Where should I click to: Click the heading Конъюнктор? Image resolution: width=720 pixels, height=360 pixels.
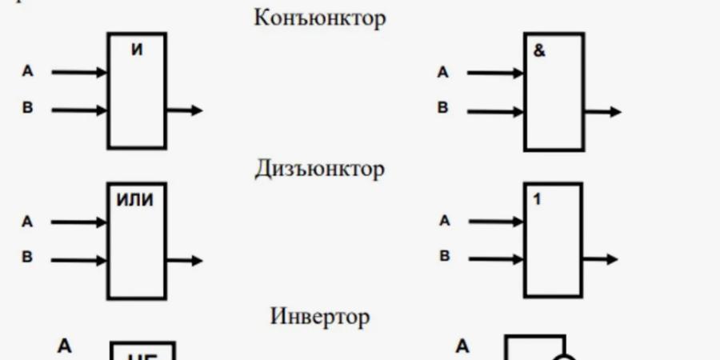click(x=319, y=18)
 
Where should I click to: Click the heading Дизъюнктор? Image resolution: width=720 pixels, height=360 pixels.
click(x=320, y=169)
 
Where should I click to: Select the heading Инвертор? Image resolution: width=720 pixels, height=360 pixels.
click(x=320, y=316)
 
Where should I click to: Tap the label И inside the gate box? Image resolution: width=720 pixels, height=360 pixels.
click(x=137, y=50)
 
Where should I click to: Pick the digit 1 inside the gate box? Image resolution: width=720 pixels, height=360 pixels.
click(x=537, y=199)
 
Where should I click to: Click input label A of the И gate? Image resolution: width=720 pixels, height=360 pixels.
click(x=27, y=72)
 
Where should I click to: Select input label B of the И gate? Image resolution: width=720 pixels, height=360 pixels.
click(x=27, y=109)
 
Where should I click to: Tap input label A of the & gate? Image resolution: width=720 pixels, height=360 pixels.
click(x=443, y=73)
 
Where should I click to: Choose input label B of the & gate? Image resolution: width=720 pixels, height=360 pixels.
click(x=443, y=109)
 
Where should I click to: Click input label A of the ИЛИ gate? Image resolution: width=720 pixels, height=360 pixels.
click(x=27, y=222)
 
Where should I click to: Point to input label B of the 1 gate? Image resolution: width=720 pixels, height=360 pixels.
click(x=444, y=258)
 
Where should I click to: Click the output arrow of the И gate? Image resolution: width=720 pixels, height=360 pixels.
click(x=185, y=110)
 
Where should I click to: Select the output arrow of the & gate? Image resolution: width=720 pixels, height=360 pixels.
click(x=602, y=113)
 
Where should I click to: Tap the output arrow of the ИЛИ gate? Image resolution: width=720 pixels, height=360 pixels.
click(x=185, y=260)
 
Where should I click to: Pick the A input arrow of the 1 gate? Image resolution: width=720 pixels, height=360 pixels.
click(x=496, y=222)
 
